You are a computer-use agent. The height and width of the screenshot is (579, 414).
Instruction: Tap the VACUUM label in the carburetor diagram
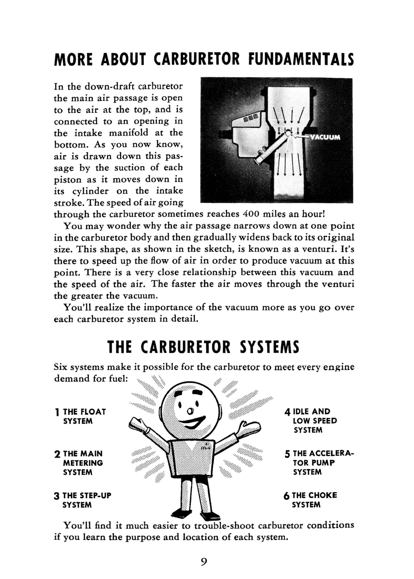325,137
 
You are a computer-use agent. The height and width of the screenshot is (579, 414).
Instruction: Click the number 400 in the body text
250,214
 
